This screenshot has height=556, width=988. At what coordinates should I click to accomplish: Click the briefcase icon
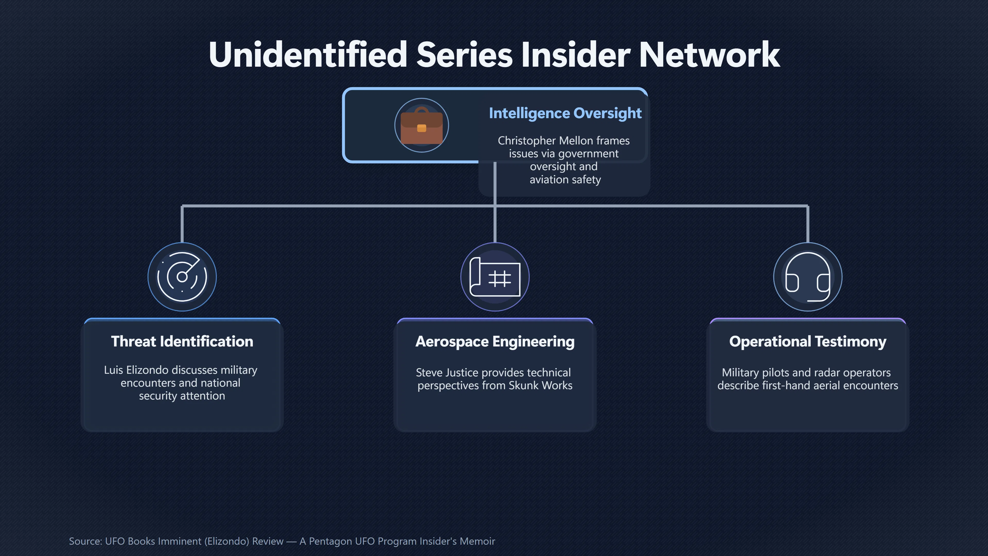click(421, 125)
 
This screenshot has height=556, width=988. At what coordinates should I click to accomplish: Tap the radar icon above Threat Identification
click(182, 277)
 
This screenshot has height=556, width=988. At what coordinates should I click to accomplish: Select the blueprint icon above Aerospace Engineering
click(495, 277)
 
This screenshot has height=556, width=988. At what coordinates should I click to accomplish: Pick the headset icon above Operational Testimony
click(808, 277)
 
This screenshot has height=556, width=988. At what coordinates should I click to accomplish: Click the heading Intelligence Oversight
click(565, 113)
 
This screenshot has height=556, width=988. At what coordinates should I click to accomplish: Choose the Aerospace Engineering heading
click(495, 342)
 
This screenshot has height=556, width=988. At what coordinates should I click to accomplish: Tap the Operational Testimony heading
click(808, 342)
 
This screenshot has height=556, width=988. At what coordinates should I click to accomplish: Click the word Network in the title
click(709, 55)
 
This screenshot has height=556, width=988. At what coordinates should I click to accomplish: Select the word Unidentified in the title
click(308, 55)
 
